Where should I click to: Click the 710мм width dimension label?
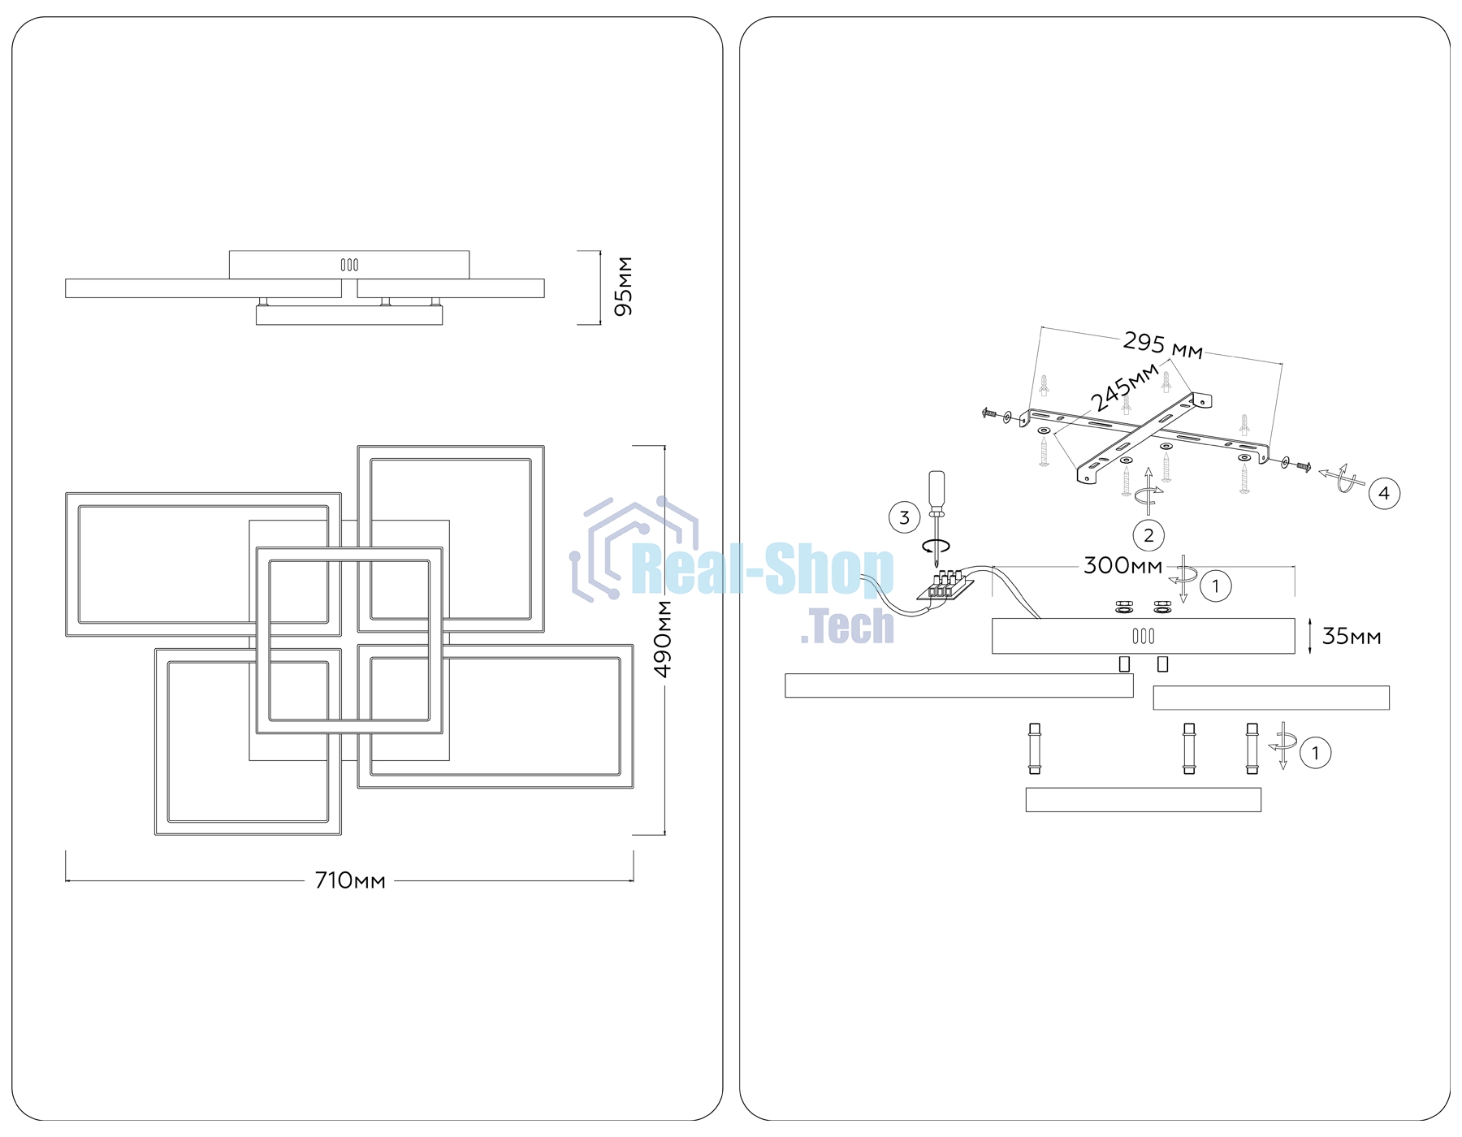point(350,880)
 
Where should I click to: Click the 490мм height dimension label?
point(664,639)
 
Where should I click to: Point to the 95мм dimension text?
point(624,287)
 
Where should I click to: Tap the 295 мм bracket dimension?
point(1162,345)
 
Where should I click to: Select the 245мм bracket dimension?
point(1124,387)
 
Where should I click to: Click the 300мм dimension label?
point(1122,565)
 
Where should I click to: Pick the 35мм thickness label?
point(1352,637)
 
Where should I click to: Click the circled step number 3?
point(904,517)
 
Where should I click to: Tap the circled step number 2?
point(1148,535)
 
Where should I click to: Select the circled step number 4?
point(1384,493)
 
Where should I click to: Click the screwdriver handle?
point(937,491)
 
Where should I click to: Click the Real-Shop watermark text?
point(762,570)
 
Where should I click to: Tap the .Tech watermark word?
point(847,626)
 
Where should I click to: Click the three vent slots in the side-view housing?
point(349,265)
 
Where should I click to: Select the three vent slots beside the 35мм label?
point(1144,636)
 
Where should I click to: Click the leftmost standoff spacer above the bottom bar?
point(1035,749)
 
